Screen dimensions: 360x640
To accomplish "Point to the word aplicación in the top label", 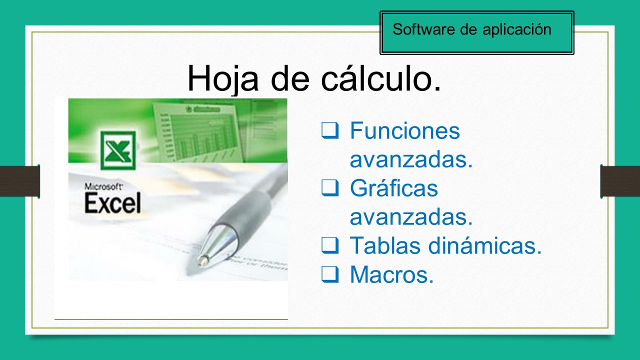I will point(517,30).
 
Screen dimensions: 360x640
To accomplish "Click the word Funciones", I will point(404,131).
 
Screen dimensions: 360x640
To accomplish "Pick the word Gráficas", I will point(393,188).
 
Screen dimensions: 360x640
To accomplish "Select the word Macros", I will point(391,274).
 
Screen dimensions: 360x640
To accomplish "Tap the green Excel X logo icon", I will point(118,150).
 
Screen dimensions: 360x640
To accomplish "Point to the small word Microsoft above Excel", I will point(103,187).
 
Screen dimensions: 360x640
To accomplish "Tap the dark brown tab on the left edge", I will point(19,180).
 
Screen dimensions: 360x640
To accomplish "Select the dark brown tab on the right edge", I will point(620,180).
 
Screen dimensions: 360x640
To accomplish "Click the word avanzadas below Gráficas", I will point(411,217).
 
